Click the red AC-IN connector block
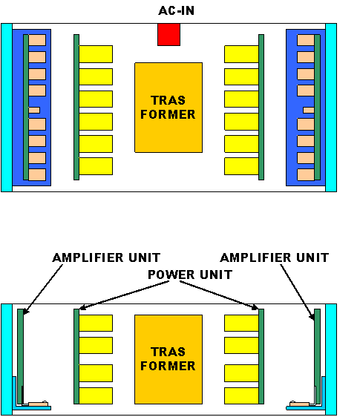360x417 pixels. [x=168, y=35]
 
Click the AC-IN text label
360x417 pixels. [x=176, y=10]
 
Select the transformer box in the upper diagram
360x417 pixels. [x=168, y=108]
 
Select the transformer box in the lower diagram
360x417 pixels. [x=168, y=359]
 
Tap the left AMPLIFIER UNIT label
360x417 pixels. [x=106, y=257]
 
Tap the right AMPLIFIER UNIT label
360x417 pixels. [x=275, y=257]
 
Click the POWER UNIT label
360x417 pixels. [x=190, y=275]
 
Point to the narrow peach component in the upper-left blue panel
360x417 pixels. [x=34, y=110]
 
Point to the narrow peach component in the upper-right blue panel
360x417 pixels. [x=309, y=110]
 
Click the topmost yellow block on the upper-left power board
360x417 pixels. [x=96, y=54]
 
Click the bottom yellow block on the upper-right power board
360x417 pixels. [x=241, y=166]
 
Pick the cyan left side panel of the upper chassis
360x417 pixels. [x=7, y=108]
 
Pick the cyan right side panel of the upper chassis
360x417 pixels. [x=331, y=108]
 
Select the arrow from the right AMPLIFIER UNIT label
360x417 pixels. [x=298, y=292]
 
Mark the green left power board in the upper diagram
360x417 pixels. [x=76, y=107]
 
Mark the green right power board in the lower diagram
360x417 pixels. [x=261, y=356]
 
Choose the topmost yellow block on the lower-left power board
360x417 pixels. [x=96, y=323]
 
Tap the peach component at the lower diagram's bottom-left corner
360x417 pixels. [x=38, y=404]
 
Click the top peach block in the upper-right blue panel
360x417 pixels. [x=306, y=40]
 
